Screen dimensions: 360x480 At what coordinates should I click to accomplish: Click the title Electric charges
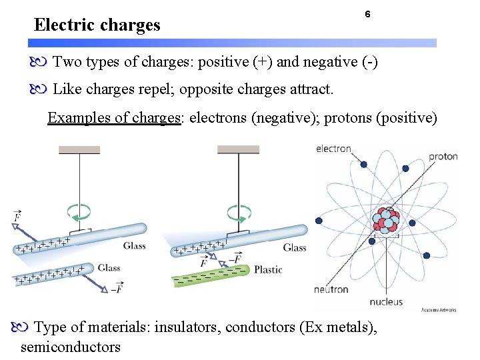point(97,25)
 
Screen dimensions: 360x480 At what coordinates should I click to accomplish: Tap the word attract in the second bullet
point(309,89)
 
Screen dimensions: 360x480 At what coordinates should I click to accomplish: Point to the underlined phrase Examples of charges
point(115,118)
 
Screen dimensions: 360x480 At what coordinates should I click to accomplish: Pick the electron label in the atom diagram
point(333,149)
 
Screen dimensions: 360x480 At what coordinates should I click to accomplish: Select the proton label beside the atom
point(443,156)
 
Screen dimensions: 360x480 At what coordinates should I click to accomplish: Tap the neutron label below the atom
point(331,289)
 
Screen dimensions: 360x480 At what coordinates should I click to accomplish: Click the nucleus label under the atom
point(386,301)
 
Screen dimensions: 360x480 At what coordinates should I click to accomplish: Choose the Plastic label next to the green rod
point(268,269)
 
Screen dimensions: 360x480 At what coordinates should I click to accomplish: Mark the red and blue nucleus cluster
point(386,220)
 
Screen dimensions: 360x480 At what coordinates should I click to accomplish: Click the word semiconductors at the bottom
point(71,347)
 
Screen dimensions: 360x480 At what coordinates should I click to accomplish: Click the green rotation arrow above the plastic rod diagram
point(238,213)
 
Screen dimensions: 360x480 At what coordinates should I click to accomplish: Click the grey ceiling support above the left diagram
point(79,149)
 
